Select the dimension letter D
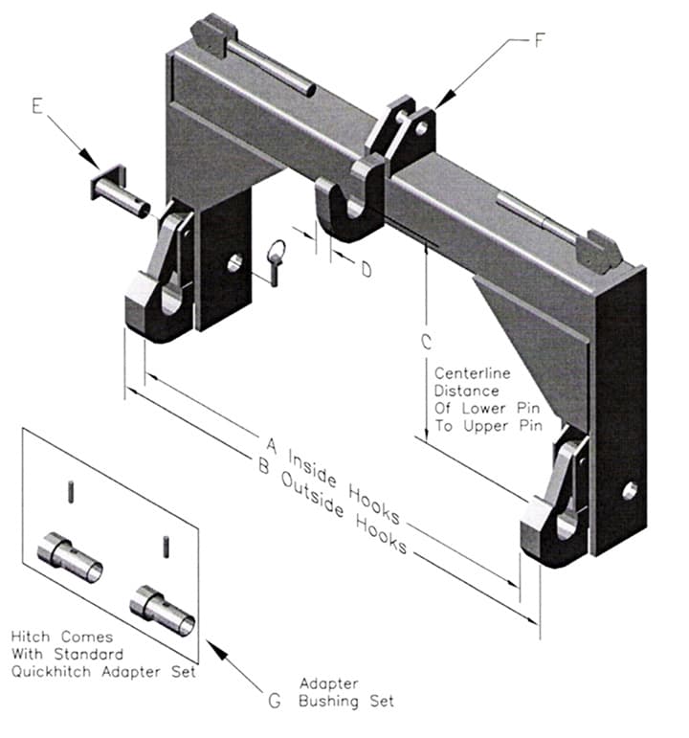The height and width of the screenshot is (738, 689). pyautogui.click(x=366, y=270)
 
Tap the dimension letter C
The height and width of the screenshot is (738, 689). pyautogui.click(x=427, y=341)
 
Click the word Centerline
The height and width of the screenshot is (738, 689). pyautogui.click(x=471, y=373)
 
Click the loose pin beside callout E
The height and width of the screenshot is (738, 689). pyautogui.click(x=121, y=188)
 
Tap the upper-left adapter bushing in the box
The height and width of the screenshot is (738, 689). pyautogui.click(x=70, y=558)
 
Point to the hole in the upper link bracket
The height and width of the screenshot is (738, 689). pyautogui.click(x=421, y=124)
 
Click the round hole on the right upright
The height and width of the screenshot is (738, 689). pyautogui.click(x=629, y=491)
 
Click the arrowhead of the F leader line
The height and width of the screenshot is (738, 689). pyautogui.click(x=437, y=105)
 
